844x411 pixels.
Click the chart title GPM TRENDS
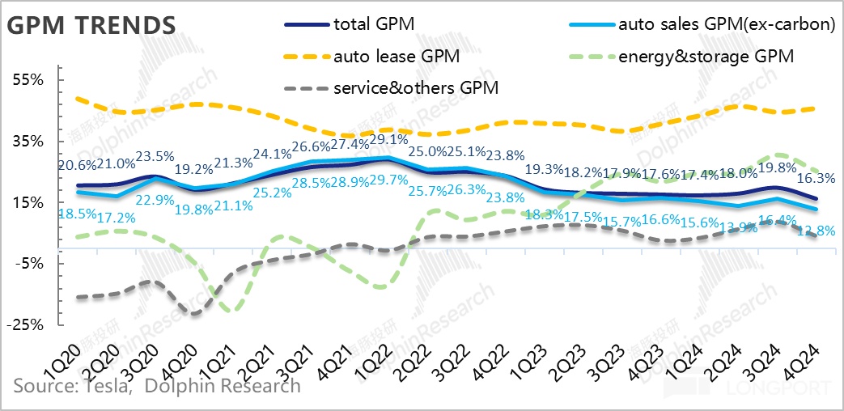coord(91,24)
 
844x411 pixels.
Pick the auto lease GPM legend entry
coord(397,57)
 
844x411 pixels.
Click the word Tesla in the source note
coord(107,385)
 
